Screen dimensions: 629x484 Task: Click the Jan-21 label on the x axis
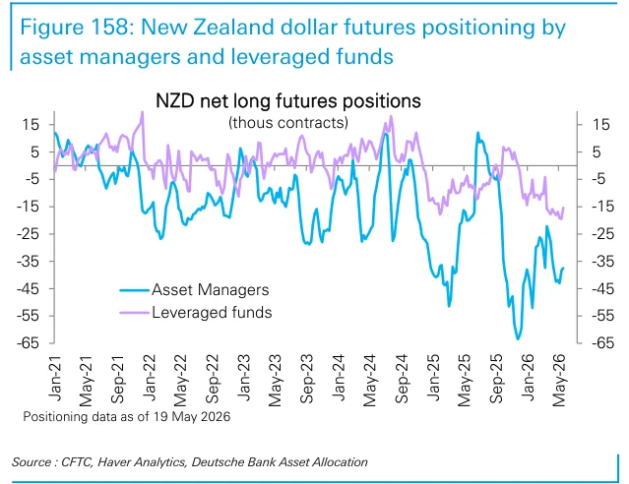click(54, 378)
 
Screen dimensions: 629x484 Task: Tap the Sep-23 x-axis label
click(306, 379)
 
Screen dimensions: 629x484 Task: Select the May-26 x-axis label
click(558, 380)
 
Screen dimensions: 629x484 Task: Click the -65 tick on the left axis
click(28, 343)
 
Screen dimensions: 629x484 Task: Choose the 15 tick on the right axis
click(600, 124)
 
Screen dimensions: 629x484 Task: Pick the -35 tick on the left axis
click(28, 261)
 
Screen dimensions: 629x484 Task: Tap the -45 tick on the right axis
click(602, 288)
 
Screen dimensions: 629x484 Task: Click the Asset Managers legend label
click(210, 290)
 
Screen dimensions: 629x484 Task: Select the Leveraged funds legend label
click(212, 313)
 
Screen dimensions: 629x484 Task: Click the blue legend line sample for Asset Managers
click(135, 290)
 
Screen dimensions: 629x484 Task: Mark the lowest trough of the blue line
click(518, 338)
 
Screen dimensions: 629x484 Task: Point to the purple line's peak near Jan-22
click(143, 112)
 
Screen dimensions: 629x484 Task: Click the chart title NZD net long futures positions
click(288, 101)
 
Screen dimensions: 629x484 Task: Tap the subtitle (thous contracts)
click(288, 123)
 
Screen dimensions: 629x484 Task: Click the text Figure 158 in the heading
click(73, 28)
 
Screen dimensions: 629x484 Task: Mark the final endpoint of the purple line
click(564, 207)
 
